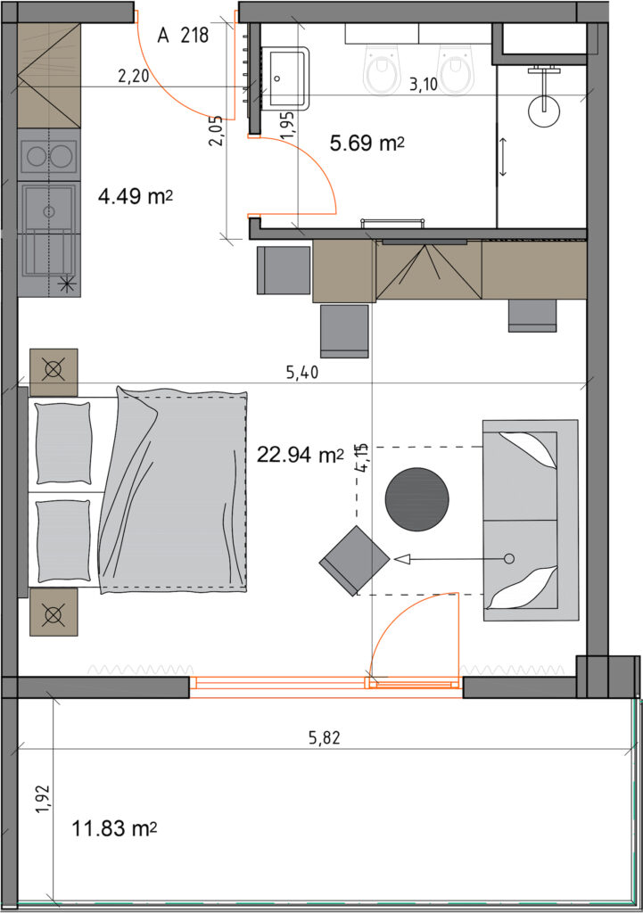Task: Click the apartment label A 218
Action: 183,36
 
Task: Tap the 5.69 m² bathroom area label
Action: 367,143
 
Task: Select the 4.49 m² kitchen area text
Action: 136,196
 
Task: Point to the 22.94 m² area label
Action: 301,454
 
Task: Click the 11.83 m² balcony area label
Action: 114,828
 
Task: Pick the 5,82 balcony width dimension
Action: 324,738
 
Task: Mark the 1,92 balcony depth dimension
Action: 43,800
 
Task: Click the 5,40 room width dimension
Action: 302,372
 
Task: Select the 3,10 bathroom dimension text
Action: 424,85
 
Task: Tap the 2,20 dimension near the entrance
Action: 134,76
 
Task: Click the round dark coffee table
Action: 417,499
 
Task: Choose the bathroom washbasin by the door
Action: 288,78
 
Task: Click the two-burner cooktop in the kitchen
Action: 49,157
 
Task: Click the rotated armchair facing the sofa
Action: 355,560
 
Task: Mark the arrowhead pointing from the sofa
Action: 403,559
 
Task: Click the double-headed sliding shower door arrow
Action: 503,157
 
